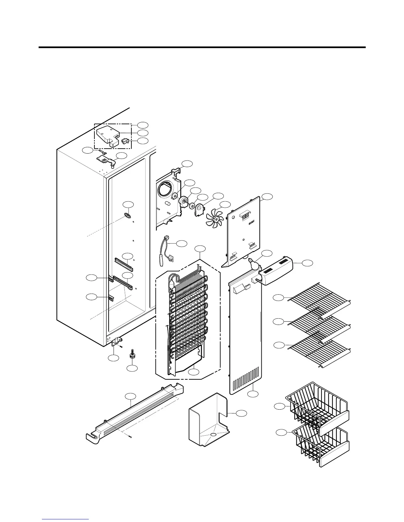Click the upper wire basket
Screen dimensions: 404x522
pyautogui.click(x=317, y=405)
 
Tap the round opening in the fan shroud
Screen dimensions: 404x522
pyautogui.click(x=164, y=190)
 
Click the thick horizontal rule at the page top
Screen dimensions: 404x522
pyautogui.click(x=202, y=47)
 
